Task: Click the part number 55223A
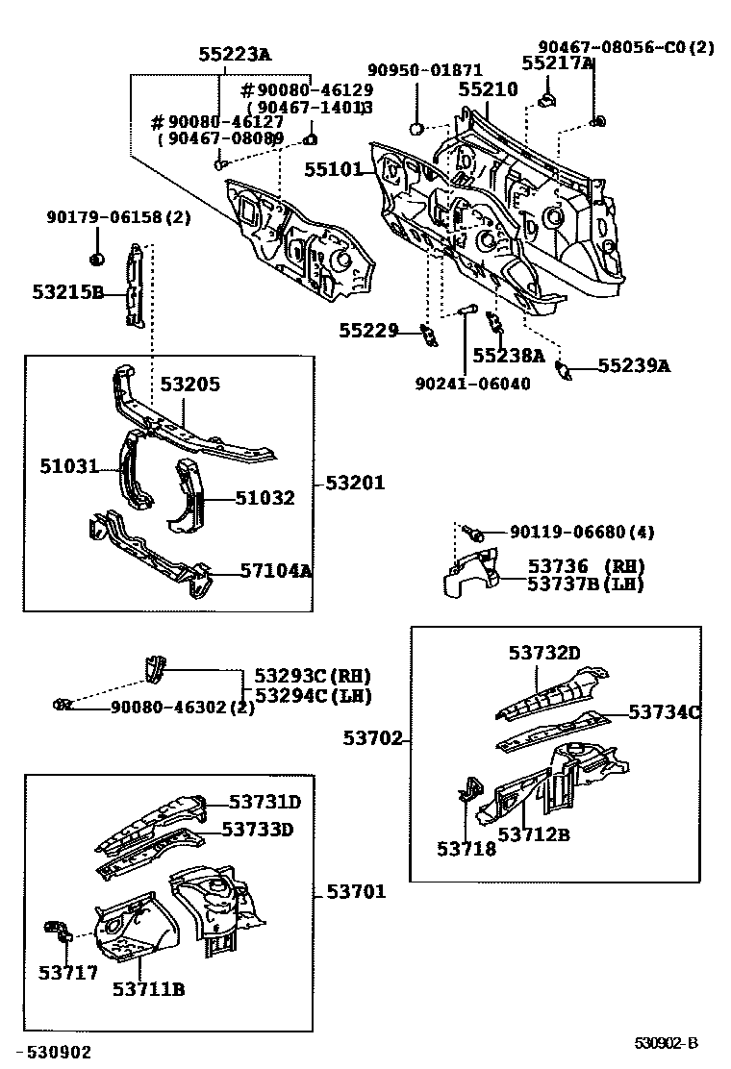(x=235, y=56)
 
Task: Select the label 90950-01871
(x=424, y=70)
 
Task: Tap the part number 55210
(x=488, y=89)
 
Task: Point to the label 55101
(x=333, y=169)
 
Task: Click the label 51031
(x=69, y=466)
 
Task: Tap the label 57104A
(x=276, y=570)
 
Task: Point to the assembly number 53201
(x=354, y=483)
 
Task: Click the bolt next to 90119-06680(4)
(x=473, y=532)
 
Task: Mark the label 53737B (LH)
(x=585, y=584)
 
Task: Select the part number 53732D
(x=544, y=654)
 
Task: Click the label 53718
(x=466, y=849)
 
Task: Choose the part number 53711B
(x=148, y=989)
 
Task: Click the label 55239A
(x=634, y=365)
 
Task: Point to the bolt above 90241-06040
(x=467, y=310)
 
